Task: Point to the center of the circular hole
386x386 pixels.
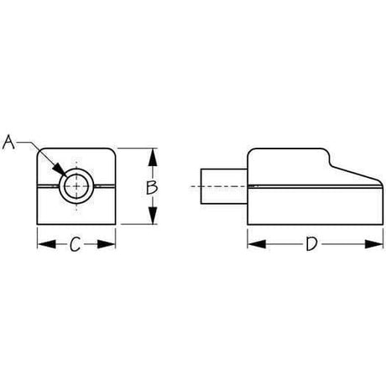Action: (75, 186)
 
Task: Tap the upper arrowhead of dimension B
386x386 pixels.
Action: (152, 154)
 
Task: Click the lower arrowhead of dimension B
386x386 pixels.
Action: (152, 221)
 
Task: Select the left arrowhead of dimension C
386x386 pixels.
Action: (41, 244)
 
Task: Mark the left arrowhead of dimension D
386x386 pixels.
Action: (251, 244)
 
